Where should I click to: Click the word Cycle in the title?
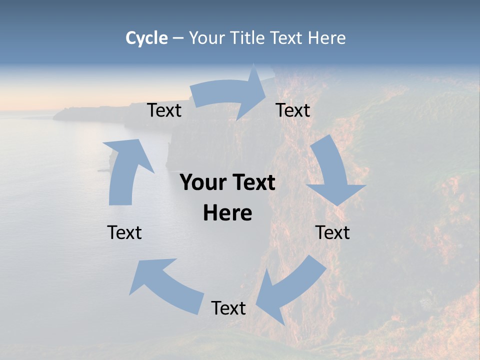(x=146, y=38)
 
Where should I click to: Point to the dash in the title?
(x=178, y=38)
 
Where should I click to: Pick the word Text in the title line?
(x=287, y=38)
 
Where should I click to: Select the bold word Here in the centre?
(x=227, y=213)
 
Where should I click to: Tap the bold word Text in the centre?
(x=253, y=183)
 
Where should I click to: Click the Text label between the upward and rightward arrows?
(x=164, y=110)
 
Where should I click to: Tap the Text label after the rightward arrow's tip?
(x=293, y=110)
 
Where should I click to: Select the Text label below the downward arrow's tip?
(x=332, y=232)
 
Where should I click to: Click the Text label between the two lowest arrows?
(x=228, y=308)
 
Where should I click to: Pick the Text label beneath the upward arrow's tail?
(x=124, y=232)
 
